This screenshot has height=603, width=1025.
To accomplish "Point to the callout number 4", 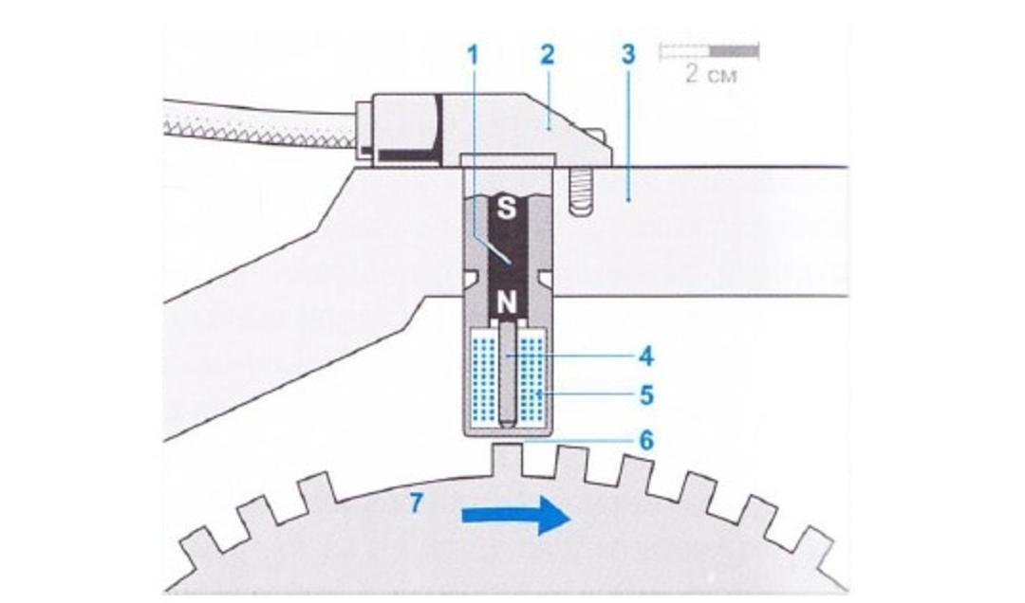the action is [646, 356].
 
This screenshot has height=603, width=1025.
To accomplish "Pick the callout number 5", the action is [646, 395].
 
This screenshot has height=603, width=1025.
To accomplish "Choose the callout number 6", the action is [646, 440].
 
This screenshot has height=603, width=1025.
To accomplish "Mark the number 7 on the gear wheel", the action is [417, 503].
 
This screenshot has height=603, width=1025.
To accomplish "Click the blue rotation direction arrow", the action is [517, 516].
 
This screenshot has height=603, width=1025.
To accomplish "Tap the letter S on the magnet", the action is [507, 208].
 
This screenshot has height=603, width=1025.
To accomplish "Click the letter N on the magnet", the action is [507, 302].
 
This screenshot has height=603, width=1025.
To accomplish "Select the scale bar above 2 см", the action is [709, 50].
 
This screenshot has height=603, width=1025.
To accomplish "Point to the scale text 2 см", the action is [711, 74].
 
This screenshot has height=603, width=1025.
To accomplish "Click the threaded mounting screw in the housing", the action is [579, 191].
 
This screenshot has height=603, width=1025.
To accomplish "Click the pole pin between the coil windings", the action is [507, 374].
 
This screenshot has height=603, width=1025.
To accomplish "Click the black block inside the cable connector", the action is [406, 155].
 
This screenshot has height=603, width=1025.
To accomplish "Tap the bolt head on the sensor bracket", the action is [602, 142].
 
